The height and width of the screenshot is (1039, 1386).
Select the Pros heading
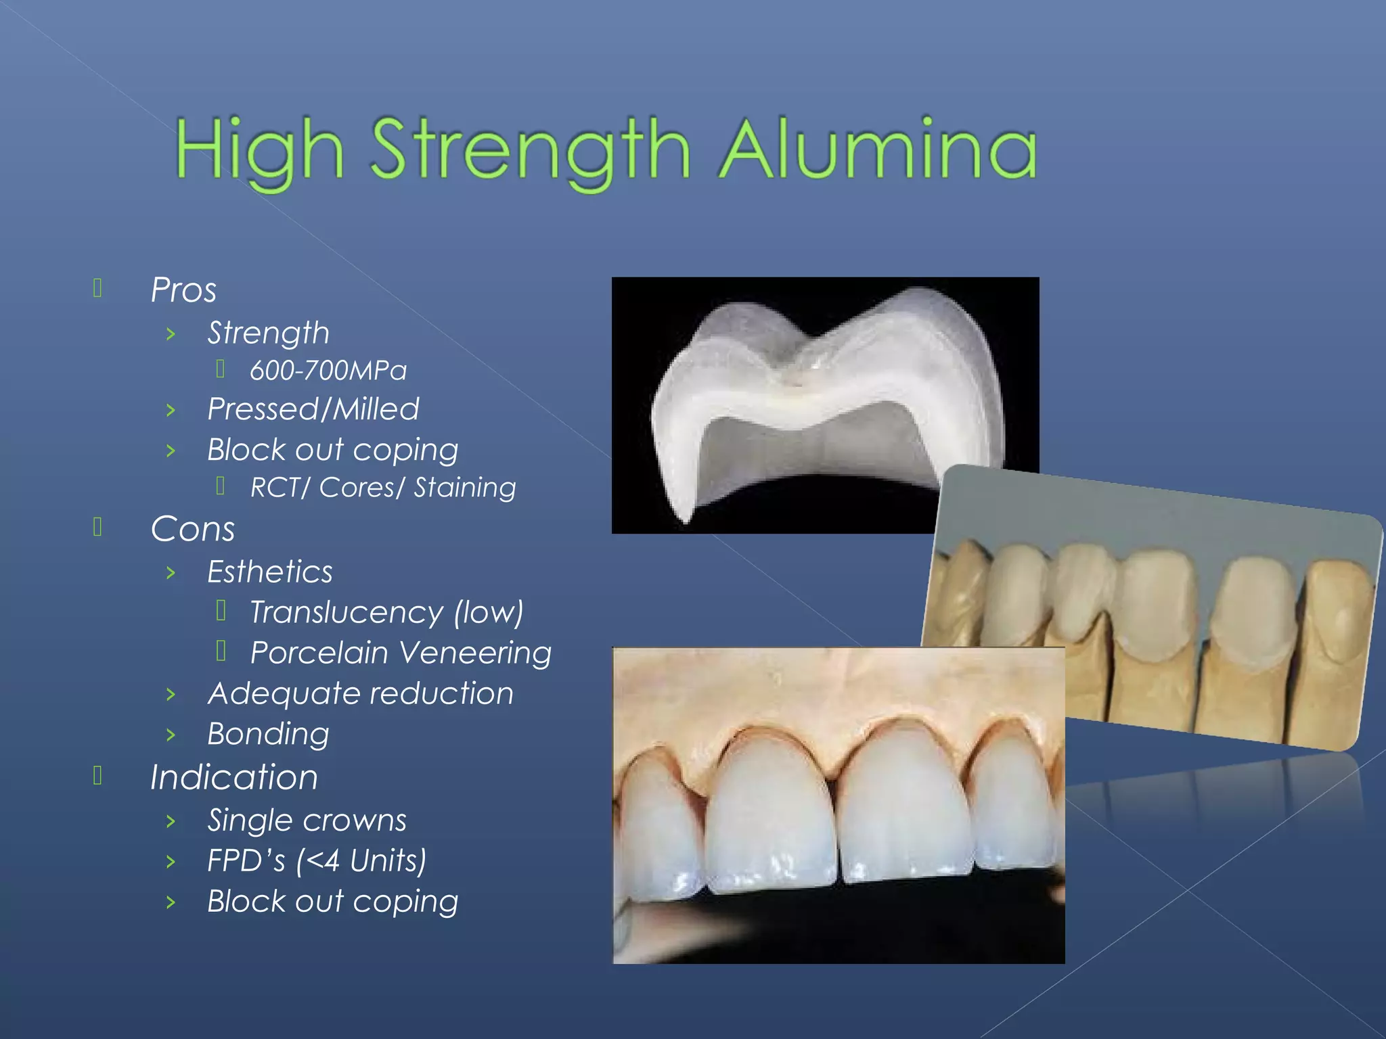[183, 290]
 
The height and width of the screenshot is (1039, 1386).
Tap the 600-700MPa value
[328, 371]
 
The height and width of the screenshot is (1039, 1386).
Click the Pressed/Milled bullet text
[313, 409]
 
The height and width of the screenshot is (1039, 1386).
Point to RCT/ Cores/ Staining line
[383, 488]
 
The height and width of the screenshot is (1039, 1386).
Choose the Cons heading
[193, 529]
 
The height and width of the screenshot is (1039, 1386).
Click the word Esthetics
[270, 572]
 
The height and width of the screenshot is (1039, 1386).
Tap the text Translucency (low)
[386, 613]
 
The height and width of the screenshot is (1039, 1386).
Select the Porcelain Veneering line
[401, 653]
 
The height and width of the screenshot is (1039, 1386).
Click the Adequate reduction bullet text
[361, 694]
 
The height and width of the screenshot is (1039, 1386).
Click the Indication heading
[234, 777]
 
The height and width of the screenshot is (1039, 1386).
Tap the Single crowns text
[307, 821]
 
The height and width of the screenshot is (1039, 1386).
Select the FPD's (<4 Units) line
[317, 861]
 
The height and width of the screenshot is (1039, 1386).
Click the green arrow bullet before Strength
[171, 333]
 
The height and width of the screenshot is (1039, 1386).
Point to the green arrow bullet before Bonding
[171, 735]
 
